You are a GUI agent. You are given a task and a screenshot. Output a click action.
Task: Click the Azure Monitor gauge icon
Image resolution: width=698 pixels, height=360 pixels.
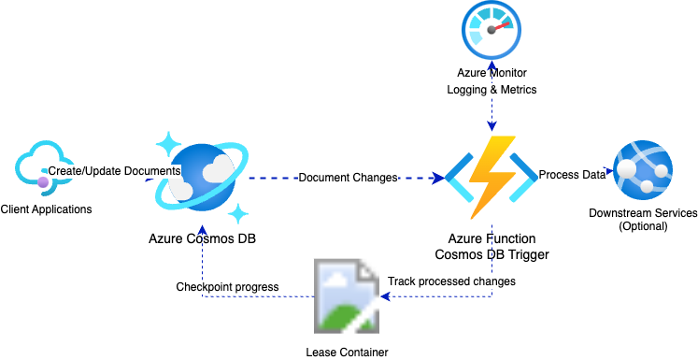pyautogui.click(x=491, y=32)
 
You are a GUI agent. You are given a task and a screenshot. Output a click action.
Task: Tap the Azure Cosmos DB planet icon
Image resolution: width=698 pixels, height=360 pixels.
pyautogui.click(x=204, y=177)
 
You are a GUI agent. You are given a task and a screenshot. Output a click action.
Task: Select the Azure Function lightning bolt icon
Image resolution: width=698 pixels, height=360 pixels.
pyautogui.click(x=491, y=177)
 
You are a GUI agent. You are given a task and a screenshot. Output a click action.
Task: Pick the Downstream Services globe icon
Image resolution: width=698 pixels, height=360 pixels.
pyautogui.click(x=641, y=171)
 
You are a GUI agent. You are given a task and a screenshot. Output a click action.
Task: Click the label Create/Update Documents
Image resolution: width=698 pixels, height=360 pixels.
pyautogui.click(x=114, y=171)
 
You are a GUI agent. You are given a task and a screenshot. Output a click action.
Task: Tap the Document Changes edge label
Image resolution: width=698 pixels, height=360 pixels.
pyautogui.click(x=348, y=177)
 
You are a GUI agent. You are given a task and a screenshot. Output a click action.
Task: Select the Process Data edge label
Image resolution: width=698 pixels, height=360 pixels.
pyautogui.click(x=573, y=175)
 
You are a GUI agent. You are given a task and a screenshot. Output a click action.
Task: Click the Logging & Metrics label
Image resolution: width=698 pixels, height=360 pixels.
pyautogui.click(x=491, y=90)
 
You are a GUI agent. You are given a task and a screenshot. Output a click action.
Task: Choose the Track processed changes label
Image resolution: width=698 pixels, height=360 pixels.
pyautogui.click(x=451, y=281)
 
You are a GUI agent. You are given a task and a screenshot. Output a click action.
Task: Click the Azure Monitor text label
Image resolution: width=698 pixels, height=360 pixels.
pyautogui.click(x=491, y=72)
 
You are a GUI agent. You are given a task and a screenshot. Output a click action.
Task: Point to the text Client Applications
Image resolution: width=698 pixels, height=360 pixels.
pyautogui.click(x=47, y=209)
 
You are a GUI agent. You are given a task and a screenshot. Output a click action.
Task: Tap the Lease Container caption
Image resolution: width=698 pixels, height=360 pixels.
pyautogui.click(x=347, y=353)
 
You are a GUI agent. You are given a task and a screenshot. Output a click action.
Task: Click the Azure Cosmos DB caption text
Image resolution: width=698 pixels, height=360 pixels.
pyautogui.click(x=203, y=238)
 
